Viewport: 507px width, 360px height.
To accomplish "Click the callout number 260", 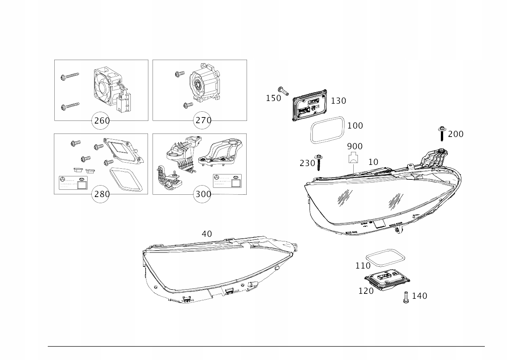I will pyautogui.click(x=102, y=121).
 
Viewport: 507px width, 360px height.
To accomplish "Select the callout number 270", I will pyautogui.click(x=203, y=121).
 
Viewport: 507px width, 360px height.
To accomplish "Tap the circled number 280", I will pyautogui.click(x=102, y=194).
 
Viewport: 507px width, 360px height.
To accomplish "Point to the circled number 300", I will pyautogui.click(x=203, y=194).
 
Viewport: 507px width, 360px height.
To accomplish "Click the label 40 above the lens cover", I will pyautogui.click(x=206, y=234).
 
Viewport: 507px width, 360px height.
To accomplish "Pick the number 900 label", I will pyautogui.click(x=354, y=147).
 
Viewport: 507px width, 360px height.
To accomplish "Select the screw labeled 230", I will pyautogui.click(x=318, y=162).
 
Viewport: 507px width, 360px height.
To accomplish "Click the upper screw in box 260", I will pyautogui.click(x=69, y=77).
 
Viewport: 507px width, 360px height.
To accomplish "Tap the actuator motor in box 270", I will pyautogui.click(x=203, y=82).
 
